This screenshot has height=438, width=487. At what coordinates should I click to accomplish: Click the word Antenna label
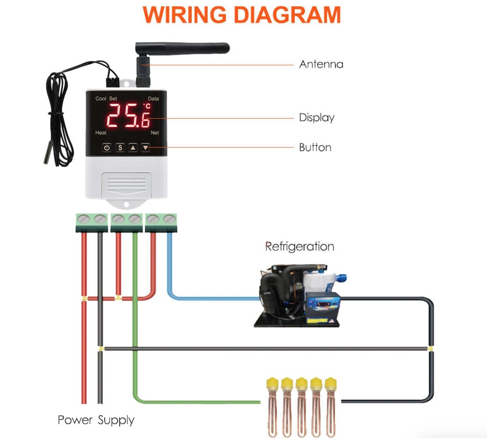[x=321, y=64]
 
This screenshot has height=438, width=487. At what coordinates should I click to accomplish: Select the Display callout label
[x=317, y=118]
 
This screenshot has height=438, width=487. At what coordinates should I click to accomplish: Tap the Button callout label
[x=315, y=147]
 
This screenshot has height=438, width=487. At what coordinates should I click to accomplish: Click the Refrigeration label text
[x=299, y=246]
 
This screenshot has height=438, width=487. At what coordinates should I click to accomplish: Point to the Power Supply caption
[x=96, y=420]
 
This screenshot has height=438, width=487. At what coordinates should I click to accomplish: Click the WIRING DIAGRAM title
[x=242, y=15]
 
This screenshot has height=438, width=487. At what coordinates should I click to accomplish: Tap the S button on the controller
[x=120, y=148]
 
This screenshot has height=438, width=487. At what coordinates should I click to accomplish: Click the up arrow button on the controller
[x=133, y=148]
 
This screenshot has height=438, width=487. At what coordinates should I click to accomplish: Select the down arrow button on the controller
[x=145, y=148]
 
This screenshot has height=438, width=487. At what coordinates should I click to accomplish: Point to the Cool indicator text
[x=100, y=99]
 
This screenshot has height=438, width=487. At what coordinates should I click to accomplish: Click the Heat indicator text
[x=101, y=133]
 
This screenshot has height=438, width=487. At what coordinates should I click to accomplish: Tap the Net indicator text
[x=155, y=133]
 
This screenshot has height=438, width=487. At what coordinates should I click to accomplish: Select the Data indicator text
[x=153, y=99]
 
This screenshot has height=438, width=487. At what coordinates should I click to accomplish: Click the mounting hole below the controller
[x=126, y=205]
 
